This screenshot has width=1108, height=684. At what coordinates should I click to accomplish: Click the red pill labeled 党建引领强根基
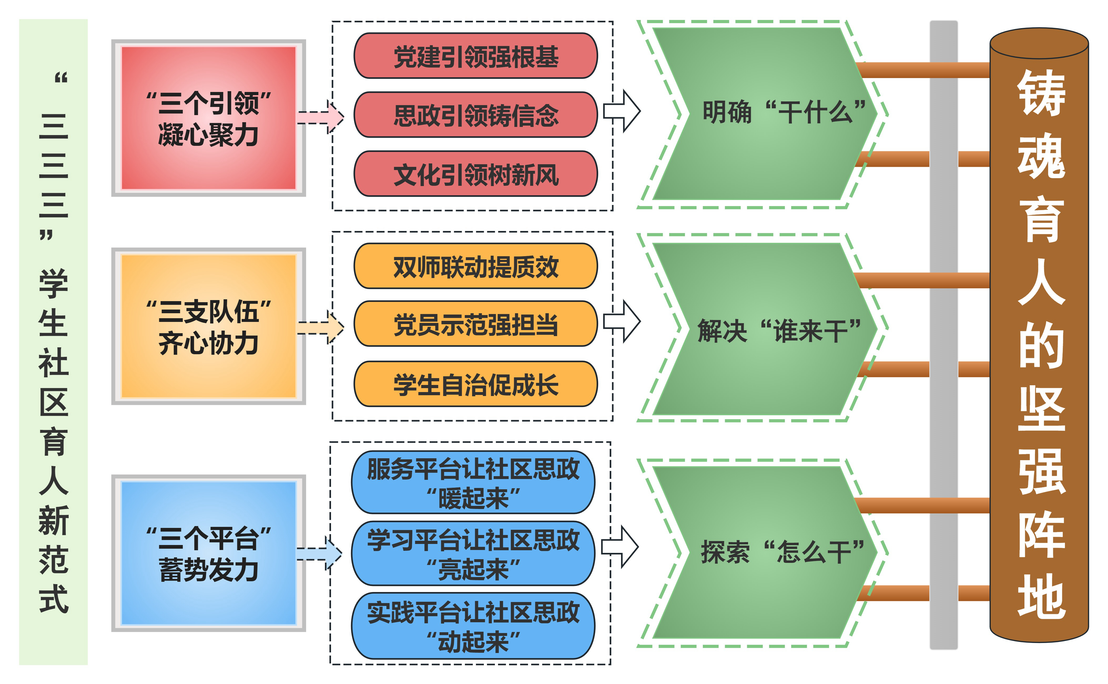coord(475,56)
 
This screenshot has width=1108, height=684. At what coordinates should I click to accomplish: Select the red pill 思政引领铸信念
coord(475,115)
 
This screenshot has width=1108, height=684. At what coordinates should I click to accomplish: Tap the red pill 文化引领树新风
coord(475,174)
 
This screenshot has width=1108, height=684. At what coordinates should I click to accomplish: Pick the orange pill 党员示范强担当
coord(475,324)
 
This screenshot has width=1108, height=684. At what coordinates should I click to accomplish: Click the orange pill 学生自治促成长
coord(475,384)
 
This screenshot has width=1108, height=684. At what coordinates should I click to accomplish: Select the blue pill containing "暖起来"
coord(473,482)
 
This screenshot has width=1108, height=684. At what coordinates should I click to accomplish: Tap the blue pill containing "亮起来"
coord(473,553)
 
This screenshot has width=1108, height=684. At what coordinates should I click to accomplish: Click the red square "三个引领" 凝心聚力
coord(208,118)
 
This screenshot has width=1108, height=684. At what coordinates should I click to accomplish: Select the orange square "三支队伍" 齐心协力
coord(208,326)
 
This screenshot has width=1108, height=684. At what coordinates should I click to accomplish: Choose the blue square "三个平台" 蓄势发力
coord(208,553)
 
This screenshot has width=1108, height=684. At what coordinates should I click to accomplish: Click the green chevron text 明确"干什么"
coord(783,112)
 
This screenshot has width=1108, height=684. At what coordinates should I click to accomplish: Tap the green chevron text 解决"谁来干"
coord(779,330)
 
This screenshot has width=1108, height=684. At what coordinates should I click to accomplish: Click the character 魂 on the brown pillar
coord(1041,156)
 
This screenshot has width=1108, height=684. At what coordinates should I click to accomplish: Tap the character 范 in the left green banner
coord(53,560)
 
